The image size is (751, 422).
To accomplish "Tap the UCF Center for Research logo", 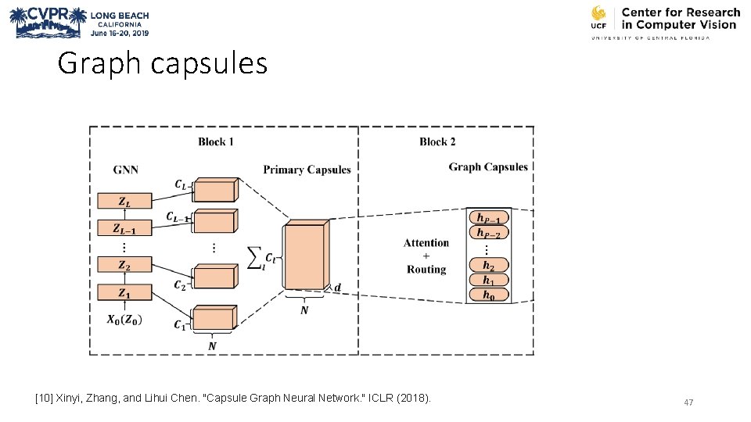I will tap(664, 22).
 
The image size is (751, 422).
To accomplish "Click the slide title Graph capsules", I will tap(163, 63).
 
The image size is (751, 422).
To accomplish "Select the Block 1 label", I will tap(216, 141).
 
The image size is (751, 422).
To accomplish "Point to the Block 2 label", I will tap(437, 141).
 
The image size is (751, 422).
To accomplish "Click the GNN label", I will tap(127, 169).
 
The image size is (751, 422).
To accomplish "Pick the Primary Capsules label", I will tap(307, 170).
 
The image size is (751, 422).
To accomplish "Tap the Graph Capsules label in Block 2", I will tap(488, 166).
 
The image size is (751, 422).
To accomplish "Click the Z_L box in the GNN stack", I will tap(124, 201).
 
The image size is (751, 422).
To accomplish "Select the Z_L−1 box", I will tap(124, 229).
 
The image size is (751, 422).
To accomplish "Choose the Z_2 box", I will tap(124, 265).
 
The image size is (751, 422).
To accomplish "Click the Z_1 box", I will tap(124, 293).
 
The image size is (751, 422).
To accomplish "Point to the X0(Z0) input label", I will tap(124, 320).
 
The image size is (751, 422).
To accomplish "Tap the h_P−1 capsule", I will tap(488, 217).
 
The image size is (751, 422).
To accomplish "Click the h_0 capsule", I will tap(488, 295).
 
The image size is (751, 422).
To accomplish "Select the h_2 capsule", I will tap(488, 265).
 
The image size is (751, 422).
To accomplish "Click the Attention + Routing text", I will tap(426, 256).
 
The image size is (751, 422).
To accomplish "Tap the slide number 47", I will tap(688, 402).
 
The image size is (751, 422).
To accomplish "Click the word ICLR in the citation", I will tap(375, 399).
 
